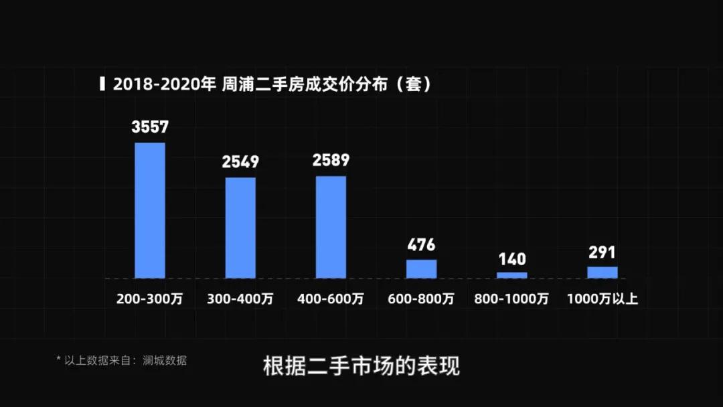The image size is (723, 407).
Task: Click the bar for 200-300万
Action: (150, 210)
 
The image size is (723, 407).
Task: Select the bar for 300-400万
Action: (240, 228)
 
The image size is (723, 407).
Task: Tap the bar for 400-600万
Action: (331, 227)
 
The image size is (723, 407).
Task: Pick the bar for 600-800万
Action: (421, 268)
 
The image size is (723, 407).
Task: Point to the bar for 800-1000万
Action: (511, 275)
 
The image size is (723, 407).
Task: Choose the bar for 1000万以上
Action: (602, 272)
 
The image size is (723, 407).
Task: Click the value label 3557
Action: (150, 127)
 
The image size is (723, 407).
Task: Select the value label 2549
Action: (240, 162)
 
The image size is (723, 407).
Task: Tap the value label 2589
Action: (331, 161)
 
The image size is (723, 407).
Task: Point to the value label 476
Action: (421, 244)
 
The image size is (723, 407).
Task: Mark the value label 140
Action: (511, 259)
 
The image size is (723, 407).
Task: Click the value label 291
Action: (602, 253)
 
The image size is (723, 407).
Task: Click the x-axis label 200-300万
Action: (149, 299)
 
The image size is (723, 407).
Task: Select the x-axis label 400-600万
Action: (331, 299)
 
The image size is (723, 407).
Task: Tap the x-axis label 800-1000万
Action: (511, 299)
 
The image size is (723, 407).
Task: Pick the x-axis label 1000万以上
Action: (602, 299)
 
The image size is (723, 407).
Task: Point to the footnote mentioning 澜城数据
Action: (121, 360)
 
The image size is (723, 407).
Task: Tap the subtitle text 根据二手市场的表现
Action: (361, 367)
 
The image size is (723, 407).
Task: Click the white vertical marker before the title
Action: (102, 84)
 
